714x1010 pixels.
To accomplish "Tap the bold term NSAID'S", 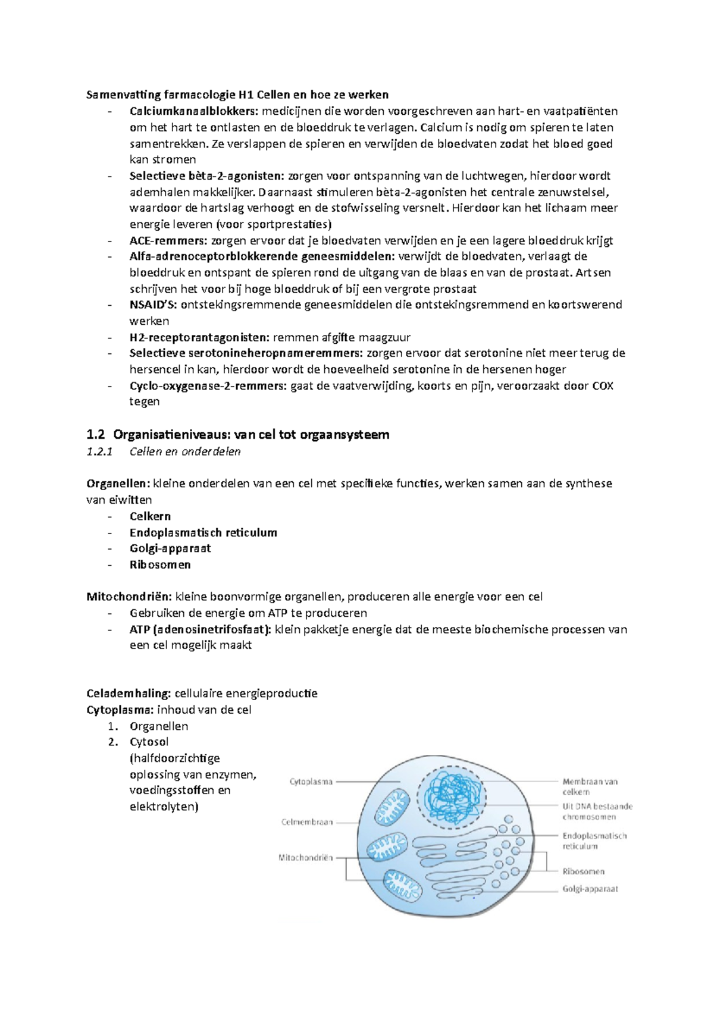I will [x=153, y=305].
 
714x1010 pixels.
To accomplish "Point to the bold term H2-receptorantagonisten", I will [x=200, y=337].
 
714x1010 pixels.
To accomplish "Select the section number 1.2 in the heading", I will [x=95, y=435].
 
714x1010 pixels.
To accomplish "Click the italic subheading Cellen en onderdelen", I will [x=185, y=452].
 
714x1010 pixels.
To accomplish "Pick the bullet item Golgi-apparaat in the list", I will [x=170, y=548].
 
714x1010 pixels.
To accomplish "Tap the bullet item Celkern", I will [x=150, y=516].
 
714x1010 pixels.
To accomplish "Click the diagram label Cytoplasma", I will [x=311, y=782].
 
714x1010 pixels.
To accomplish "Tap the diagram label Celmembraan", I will [x=307, y=822].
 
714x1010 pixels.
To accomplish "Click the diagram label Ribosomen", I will [x=583, y=871].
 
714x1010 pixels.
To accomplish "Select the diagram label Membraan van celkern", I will [x=590, y=786].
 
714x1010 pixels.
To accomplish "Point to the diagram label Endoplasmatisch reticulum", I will [x=594, y=840].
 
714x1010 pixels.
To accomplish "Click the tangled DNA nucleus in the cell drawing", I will [x=447, y=796].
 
